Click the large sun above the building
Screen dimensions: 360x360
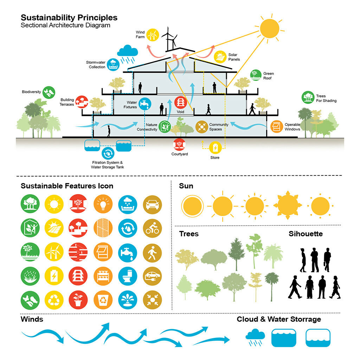(x=269, y=28)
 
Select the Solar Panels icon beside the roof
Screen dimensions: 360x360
(x=220, y=57)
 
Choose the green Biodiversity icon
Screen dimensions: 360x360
(x=49, y=92)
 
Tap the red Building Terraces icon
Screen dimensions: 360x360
(x=82, y=102)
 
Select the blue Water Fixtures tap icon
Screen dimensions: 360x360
(x=144, y=104)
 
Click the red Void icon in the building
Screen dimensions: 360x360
(x=180, y=103)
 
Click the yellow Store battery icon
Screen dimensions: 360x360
(x=215, y=147)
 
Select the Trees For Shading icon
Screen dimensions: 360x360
(x=308, y=98)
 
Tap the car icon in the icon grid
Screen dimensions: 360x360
(x=152, y=204)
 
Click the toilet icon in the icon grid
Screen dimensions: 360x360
(x=128, y=276)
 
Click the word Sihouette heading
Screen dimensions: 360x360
(x=306, y=234)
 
